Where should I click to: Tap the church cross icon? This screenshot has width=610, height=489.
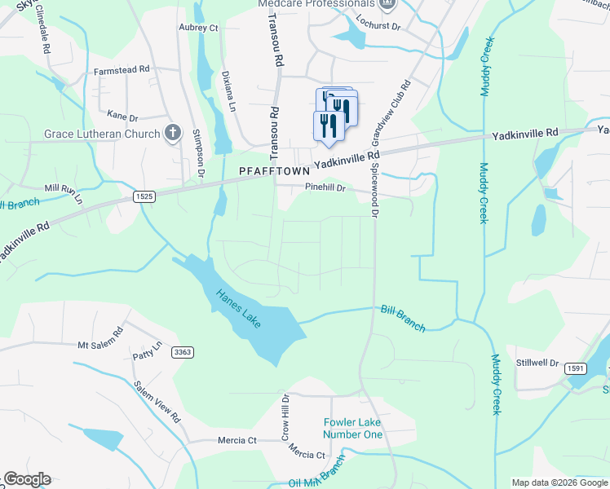[x=172, y=132]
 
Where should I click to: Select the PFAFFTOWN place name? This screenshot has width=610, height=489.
[x=274, y=172]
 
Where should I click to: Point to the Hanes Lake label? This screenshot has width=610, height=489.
[x=238, y=310]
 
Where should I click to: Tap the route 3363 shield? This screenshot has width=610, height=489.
[x=182, y=352]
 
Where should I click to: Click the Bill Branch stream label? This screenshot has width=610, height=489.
[x=403, y=318]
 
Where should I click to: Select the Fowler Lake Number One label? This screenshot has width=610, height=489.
[x=353, y=428]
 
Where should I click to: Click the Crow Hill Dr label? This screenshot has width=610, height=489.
[x=285, y=417]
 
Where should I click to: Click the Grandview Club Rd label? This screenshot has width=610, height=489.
[x=389, y=113]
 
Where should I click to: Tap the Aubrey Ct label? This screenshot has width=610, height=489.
[x=199, y=28]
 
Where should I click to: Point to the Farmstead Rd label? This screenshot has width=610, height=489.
[x=122, y=70]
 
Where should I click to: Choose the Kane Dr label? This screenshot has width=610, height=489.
[x=124, y=117]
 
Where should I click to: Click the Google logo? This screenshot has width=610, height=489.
[x=26, y=479]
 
